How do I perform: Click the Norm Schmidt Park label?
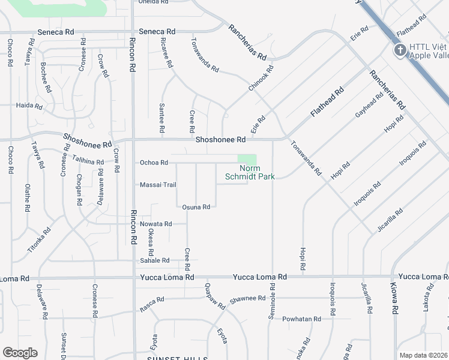coord(249,173)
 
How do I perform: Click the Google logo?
coord(20,353)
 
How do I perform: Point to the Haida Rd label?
coord(30,106)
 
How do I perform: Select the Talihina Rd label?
coord(88,161)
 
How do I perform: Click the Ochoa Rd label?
coord(153,163)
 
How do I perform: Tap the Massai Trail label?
coord(157,185)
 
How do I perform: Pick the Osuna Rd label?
coord(196,207)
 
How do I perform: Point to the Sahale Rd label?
coord(155,260)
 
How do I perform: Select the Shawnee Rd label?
coord(247,298)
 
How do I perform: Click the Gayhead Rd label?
coord(369,106)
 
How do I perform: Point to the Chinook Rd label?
coord(261,78)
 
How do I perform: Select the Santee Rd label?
coord(162,118)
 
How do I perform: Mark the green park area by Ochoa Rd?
coord(247,160)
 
